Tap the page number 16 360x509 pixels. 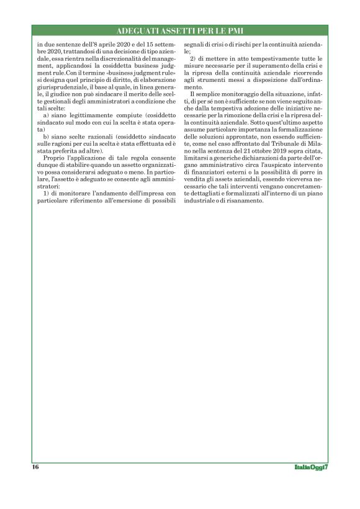(35, 467)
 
